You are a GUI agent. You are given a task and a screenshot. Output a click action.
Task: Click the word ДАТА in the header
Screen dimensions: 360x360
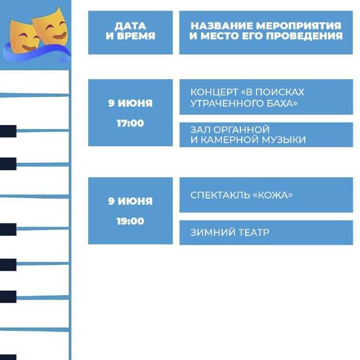[x=131, y=26]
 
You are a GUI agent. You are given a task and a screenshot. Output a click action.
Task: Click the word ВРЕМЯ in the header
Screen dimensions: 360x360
[x=136, y=36]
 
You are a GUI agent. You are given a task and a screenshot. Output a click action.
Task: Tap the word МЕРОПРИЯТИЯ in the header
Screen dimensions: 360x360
[x=298, y=26]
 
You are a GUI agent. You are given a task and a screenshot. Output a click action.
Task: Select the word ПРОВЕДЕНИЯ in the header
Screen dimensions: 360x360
[x=304, y=36]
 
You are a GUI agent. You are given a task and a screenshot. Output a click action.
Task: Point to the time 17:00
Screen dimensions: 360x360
[x=131, y=123]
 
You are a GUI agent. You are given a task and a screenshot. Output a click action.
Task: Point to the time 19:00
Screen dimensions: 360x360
[x=131, y=221]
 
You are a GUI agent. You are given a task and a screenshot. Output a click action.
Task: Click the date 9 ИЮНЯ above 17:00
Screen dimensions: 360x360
[x=131, y=103]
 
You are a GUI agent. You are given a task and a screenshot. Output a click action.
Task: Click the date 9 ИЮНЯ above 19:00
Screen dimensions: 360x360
[x=131, y=201]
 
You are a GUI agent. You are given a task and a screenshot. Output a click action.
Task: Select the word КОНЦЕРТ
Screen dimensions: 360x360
[x=214, y=92]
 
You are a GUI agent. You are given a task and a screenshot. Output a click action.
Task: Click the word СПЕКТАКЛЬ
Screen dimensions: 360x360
[x=220, y=195]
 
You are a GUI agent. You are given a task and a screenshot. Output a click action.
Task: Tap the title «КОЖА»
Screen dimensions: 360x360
[x=272, y=195]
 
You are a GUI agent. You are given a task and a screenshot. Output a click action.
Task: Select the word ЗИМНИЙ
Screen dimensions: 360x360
[x=210, y=233]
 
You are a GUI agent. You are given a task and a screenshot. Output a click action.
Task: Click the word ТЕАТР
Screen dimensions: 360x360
[x=251, y=233]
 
